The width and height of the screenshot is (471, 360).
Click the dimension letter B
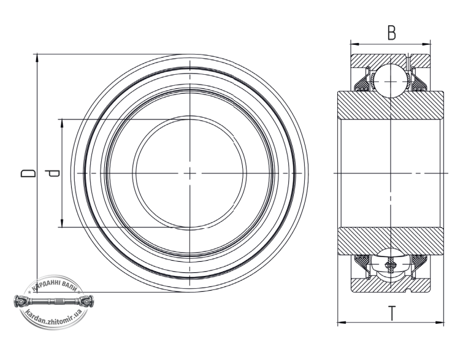click(391, 33)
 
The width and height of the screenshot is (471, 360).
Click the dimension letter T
click(392, 313)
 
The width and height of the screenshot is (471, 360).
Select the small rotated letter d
click(52, 173)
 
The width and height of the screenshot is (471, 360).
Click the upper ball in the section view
click(390, 81)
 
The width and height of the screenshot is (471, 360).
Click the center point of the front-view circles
click(190, 174)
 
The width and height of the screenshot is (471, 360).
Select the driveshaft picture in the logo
click(54, 301)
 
